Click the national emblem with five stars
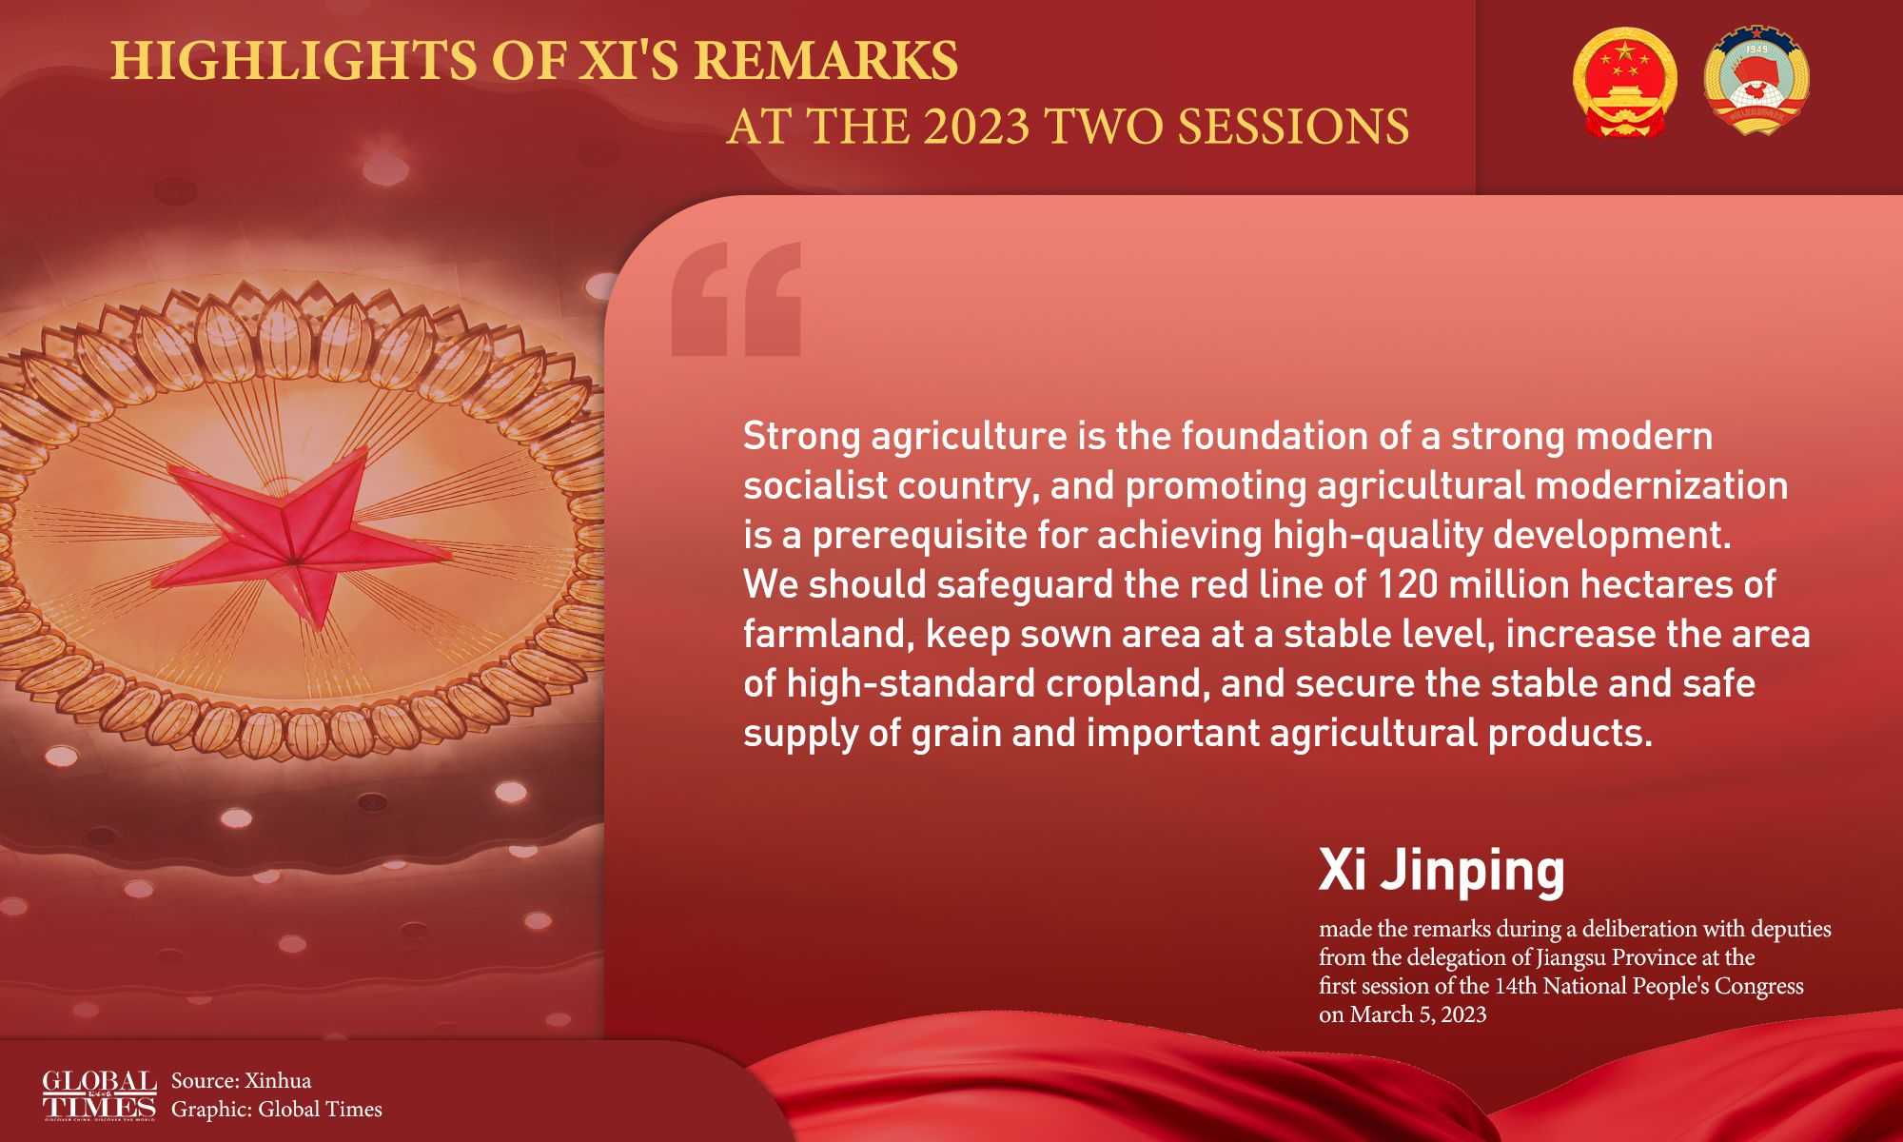point(1625,82)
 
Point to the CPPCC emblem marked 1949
point(1756,80)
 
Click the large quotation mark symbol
point(736,299)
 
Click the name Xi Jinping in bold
point(1442,870)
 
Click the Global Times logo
point(99,1095)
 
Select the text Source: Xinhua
point(241,1081)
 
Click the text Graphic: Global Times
point(277,1110)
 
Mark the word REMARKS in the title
point(825,61)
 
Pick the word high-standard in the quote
point(911,684)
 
